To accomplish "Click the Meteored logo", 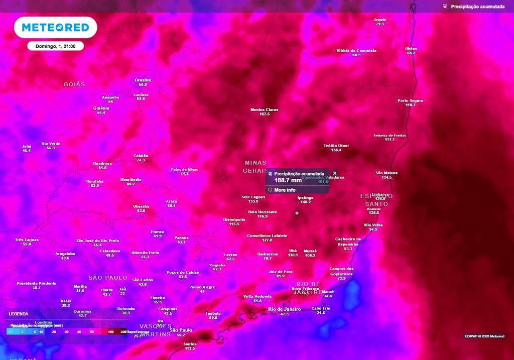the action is (x=55, y=27).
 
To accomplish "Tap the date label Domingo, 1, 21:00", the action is (x=55, y=46).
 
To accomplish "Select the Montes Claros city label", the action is (x=265, y=109).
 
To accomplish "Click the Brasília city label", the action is (x=143, y=80).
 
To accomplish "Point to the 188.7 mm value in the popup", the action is (x=288, y=180).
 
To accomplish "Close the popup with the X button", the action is (x=335, y=173).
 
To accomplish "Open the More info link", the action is (x=285, y=190).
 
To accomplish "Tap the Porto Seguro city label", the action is (x=410, y=100).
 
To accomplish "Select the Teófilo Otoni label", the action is (x=336, y=146).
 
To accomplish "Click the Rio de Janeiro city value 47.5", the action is (x=285, y=314).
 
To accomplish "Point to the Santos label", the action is (x=190, y=344).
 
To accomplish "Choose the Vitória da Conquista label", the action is (x=356, y=51).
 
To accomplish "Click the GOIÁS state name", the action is (x=74, y=84).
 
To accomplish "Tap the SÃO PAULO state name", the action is (x=108, y=278).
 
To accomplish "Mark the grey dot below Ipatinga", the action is (x=297, y=213).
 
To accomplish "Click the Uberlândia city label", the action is (x=131, y=179).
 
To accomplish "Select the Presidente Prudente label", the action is (x=36, y=283).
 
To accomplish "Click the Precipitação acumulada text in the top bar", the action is (x=477, y=7).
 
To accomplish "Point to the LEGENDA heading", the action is (x=19, y=314).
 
